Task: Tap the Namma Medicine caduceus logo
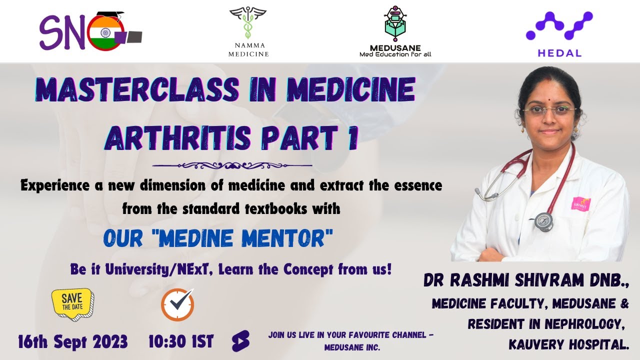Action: (248, 23)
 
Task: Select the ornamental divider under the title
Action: (232, 165)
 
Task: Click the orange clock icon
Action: (177, 304)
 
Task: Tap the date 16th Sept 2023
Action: (73, 342)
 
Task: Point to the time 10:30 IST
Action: (181, 342)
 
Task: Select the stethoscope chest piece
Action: (543, 221)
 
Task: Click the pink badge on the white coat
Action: (580, 204)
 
